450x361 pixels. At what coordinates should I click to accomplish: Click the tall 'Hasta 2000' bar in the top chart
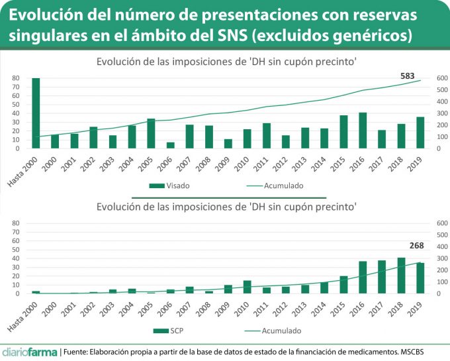click(36, 113)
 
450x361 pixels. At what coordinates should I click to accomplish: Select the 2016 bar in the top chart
click(362, 130)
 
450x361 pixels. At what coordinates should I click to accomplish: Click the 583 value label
click(407, 76)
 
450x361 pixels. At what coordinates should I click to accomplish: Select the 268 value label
click(416, 246)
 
